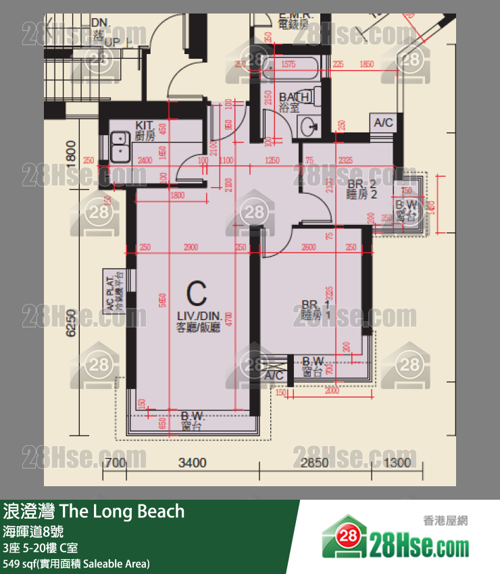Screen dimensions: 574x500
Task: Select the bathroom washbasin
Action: [x=309, y=125]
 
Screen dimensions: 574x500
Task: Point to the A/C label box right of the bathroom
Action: [x=383, y=123]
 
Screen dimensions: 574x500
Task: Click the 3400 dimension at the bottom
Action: [x=192, y=463]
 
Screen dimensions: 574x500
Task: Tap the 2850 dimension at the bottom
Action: [x=314, y=463]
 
